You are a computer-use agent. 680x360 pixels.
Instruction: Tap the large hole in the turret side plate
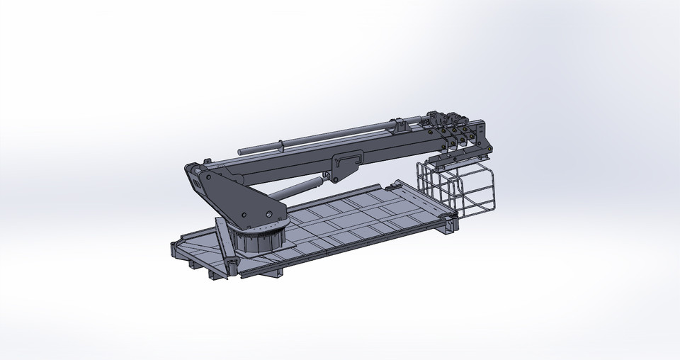tap(268, 214)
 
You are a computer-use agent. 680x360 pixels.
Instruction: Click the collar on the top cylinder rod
tap(281, 145)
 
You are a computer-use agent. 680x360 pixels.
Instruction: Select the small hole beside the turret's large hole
tap(244, 215)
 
